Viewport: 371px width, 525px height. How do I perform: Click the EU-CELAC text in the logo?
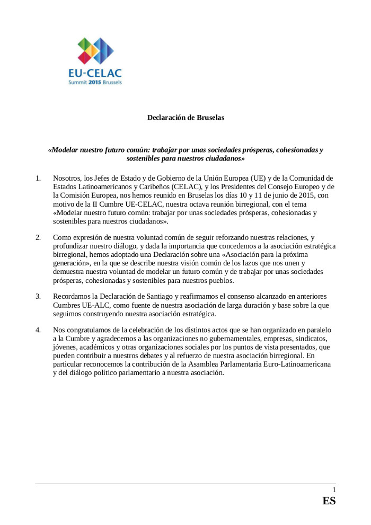[95, 73]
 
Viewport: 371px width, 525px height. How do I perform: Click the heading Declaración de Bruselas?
[185, 118]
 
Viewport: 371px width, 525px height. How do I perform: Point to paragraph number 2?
[38, 237]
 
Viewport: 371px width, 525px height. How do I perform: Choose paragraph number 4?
[38, 330]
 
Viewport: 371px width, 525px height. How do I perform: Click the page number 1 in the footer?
[333, 490]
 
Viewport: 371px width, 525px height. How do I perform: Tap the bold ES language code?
[329, 501]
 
